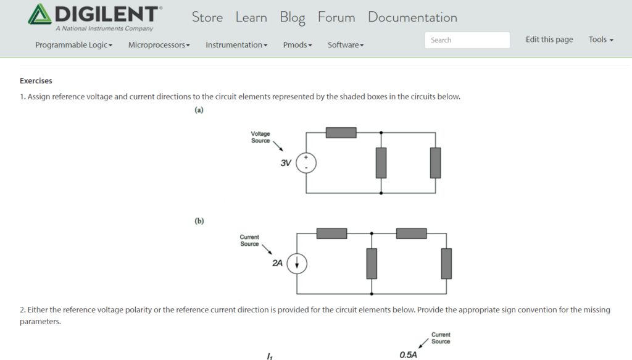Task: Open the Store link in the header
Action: (207, 17)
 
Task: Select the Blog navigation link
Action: (293, 17)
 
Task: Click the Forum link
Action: (336, 17)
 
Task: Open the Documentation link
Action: (412, 17)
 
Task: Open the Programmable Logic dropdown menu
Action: (73, 45)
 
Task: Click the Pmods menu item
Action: (297, 45)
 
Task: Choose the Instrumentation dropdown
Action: (236, 45)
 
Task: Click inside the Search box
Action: (467, 40)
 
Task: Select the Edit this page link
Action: (549, 40)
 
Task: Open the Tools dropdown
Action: (601, 40)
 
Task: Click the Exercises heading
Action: (36, 81)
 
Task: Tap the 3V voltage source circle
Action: (306, 163)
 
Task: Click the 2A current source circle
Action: (297, 264)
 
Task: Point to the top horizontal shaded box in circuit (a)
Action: (341, 132)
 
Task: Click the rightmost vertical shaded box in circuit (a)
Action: (436, 163)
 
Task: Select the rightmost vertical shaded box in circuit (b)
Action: (446, 264)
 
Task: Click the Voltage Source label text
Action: (260, 137)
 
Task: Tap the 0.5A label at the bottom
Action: (408, 355)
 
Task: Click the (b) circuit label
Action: (199, 221)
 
